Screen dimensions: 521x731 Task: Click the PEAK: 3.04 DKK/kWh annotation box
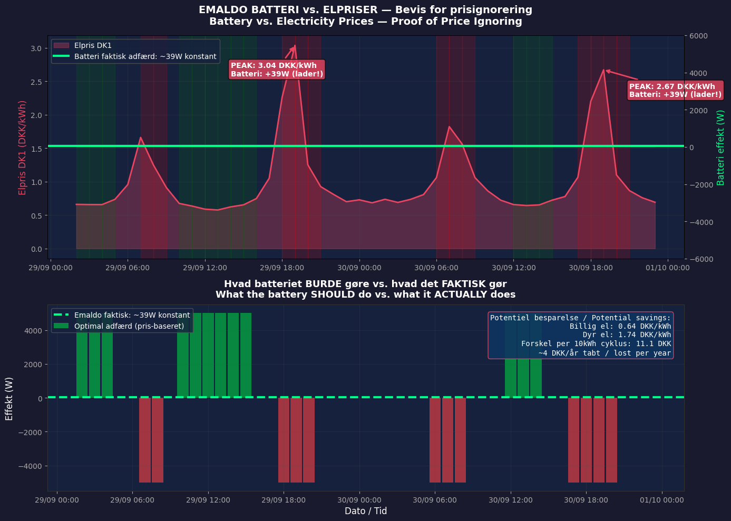(x=277, y=70)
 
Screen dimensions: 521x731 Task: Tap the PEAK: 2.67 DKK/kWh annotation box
(x=675, y=90)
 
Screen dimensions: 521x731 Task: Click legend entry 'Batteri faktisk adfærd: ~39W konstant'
(x=145, y=56)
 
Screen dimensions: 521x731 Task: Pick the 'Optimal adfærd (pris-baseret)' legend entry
(x=129, y=326)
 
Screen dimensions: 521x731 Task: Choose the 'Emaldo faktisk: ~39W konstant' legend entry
(x=132, y=315)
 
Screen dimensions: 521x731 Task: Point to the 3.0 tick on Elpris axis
(x=35, y=48)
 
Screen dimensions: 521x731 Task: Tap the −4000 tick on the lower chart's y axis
(x=30, y=466)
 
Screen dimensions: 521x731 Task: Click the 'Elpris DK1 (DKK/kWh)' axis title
(x=23, y=148)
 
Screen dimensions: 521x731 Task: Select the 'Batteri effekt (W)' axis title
(x=721, y=148)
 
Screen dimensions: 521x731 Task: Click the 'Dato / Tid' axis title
(x=366, y=511)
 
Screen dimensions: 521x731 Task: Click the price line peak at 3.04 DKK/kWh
(x=295, y=46)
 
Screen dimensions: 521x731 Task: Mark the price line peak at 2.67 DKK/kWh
(x=603, y=70)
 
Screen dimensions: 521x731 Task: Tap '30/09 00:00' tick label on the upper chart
(x=359, y=268)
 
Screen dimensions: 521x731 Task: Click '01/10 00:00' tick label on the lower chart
(x=662, y=500)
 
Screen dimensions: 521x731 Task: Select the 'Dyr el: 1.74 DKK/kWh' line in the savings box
(x=627, y=335)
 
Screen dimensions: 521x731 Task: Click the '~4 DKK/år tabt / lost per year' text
(x=605, y=353)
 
